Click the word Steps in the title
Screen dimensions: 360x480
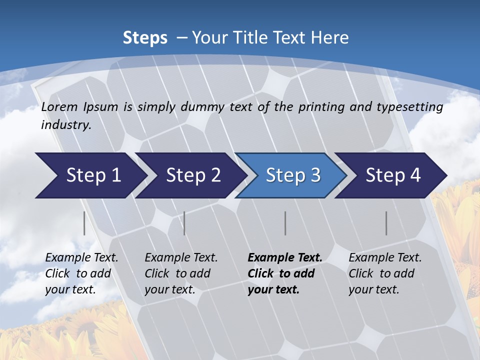coord(145,38)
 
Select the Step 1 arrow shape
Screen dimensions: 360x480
coord(90,175)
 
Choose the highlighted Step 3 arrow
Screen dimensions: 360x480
coord(293,175)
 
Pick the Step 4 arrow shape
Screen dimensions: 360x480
coord(393,175)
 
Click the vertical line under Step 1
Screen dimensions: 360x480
coord(84,223)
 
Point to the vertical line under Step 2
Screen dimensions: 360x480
coord(184,223)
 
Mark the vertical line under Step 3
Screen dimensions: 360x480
coord(285,223)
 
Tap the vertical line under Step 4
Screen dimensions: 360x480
coord(386,223)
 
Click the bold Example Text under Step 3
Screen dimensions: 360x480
coord(284,258)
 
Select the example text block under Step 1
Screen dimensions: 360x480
coord(81,273)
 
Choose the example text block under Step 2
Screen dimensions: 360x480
coord(181,273)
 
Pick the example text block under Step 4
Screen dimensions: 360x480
coord(385,273)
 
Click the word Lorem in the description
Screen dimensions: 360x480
coord(59,106)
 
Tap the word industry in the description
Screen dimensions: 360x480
coord(66,125)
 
